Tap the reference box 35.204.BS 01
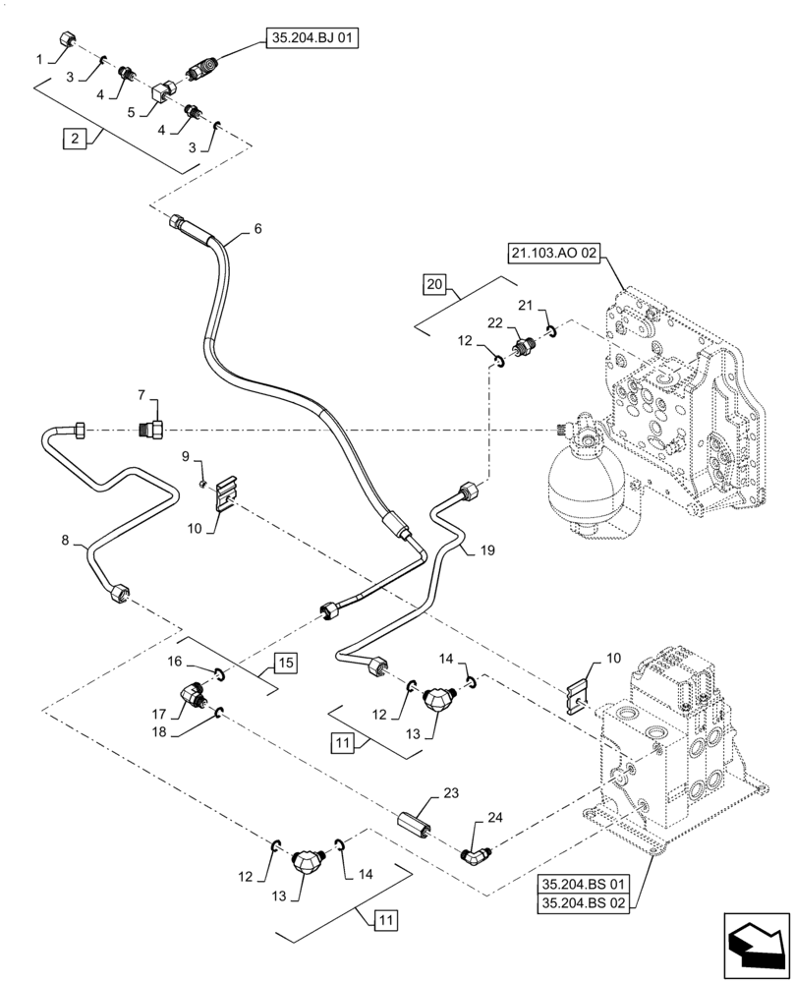click(584, 885)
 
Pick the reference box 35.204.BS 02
click(584, 904)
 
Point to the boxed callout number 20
click(433, 284)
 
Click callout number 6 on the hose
click(257, 229)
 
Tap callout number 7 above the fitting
click(142, 395)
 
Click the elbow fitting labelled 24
click(475, 854)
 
